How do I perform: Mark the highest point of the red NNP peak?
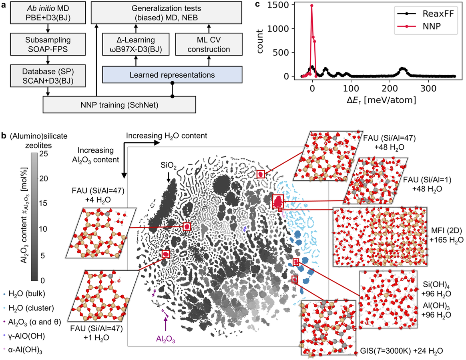[311, 5]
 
